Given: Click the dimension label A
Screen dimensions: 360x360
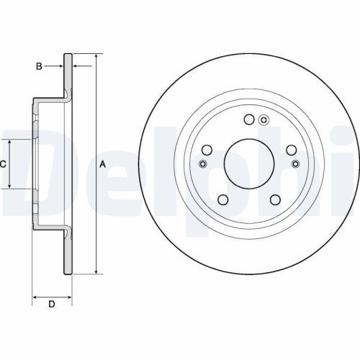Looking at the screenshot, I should (102, 164).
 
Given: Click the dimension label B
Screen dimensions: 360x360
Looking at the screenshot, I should (39, 66).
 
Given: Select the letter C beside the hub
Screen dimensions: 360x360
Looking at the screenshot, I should (3, 164).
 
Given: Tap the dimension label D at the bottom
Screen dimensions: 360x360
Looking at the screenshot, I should (51, 304).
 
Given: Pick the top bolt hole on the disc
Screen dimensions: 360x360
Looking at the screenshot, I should (248, 120).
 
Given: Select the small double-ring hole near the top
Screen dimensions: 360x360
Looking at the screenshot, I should (264, 120).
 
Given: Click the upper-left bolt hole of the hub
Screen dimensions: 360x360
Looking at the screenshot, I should (207, 150).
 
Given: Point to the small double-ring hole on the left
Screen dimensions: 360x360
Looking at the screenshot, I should (202, 164).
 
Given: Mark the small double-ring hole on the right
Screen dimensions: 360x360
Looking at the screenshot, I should (295, 164).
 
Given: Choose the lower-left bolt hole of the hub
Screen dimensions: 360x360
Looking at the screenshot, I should (222, 199).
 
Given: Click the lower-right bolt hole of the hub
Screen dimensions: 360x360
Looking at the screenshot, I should (274, 199).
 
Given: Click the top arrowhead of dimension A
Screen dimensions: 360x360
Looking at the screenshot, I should (95, 56).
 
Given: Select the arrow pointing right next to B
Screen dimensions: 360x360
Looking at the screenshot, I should (60, 66).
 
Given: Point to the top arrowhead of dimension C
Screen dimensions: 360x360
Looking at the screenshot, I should (9, 142).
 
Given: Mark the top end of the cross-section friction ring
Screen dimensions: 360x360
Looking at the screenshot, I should (69, 55).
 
